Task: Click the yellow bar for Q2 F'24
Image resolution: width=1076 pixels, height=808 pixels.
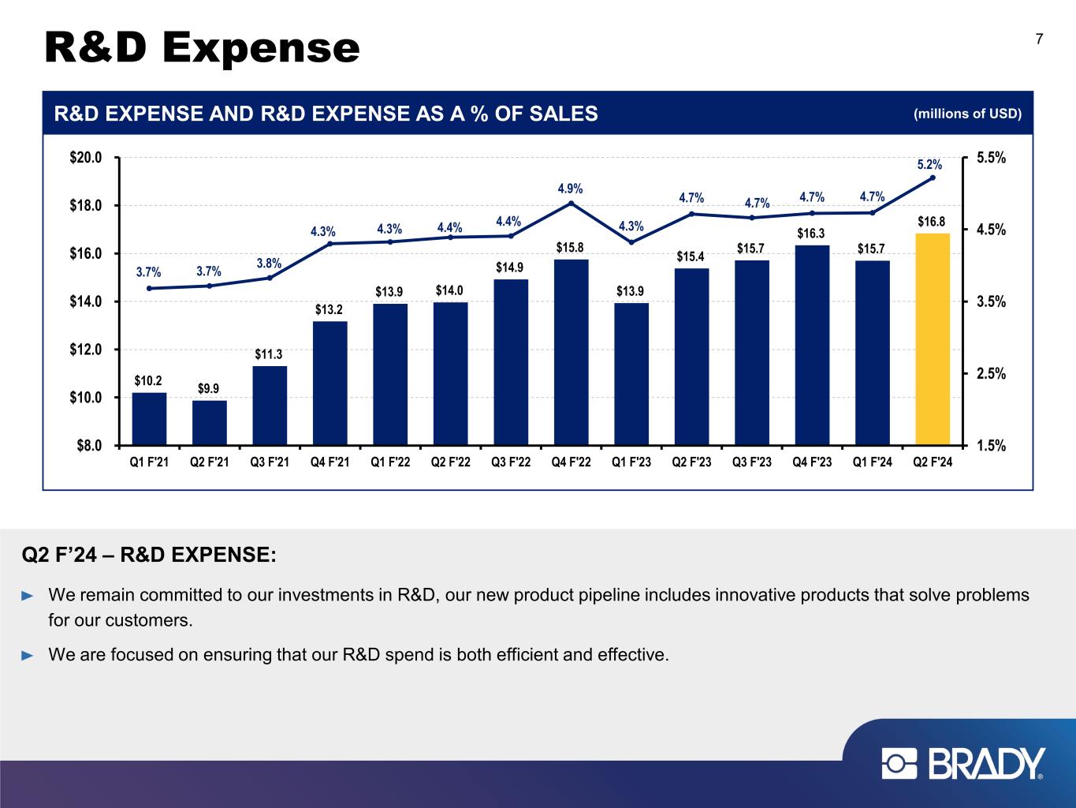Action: pyautogui.click(x=933, y=339)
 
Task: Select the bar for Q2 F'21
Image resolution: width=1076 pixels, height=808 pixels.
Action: pyautogui.click(x=210, y=423)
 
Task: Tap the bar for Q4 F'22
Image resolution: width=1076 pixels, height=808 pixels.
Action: pyautogui.click(x=571, y=352)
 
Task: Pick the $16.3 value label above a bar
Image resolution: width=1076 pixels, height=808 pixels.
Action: pyautogui.click(x=811, y=234)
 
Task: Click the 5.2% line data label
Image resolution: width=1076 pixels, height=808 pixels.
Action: pyautogui.click(x=929, y=165)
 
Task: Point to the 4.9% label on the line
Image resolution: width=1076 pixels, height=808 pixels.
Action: pyautogui.click(x=570, y=189)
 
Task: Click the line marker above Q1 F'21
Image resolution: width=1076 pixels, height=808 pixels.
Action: pyautogui.click(x=149, y=288)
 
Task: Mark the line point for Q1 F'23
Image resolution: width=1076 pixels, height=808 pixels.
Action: pyautogui.click(x=631, y=242)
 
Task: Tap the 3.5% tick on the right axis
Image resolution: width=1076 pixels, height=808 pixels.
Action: pyautogui.click(x=991, y=301)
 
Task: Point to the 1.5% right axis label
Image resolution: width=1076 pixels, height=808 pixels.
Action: pyautogui.click(x=991, y=446)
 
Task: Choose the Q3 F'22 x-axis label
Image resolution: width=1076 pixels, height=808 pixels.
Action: pyautogui.click(x=511, y=462)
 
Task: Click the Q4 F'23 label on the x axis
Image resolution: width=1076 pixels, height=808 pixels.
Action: pyautogui.click(x=812, y=462)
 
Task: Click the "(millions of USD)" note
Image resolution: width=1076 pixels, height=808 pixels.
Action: pyautogui.click(x=967, y=114)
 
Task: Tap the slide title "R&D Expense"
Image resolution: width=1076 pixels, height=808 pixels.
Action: pyautogui.click(x=202, y=48)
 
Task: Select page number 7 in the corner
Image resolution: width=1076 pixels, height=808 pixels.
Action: pyautogui.click(x=1039, y=39)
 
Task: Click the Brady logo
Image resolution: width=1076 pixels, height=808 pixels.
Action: pyautogui.click(x=963, y=764)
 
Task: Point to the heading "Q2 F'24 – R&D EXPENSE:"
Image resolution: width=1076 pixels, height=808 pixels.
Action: pyautogui.click(x=149, y=555)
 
